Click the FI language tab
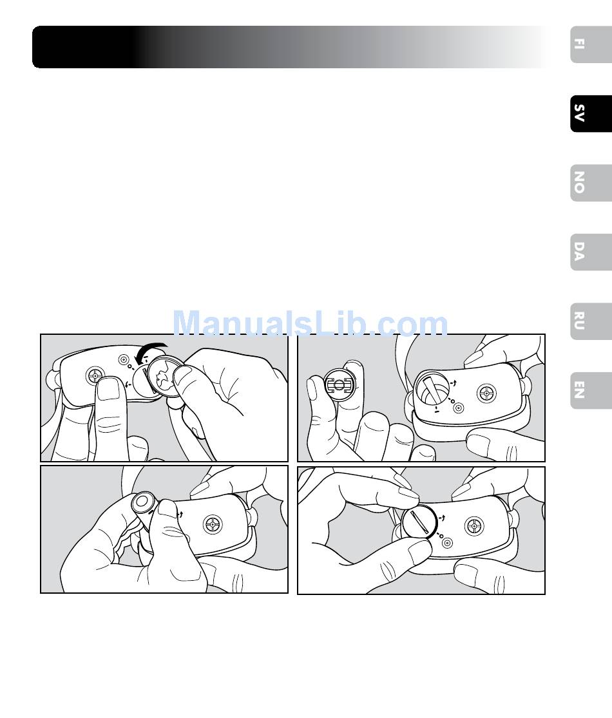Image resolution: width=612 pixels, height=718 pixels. click(591, 44)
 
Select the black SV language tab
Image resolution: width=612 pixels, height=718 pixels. click(591, 113)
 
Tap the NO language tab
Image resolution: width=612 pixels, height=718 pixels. click(591, 183)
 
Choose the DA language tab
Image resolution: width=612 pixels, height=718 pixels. click(591, 252)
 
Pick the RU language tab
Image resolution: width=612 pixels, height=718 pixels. click(591, 321)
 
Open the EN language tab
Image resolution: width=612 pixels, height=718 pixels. click(591, 390)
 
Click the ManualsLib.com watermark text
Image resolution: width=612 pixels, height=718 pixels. click(310, 323)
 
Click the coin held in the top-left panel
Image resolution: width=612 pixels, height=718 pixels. click(165, 377)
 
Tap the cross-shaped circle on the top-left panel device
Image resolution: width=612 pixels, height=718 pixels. click(95, 376)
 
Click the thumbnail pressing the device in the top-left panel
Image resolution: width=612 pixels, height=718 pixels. click(109, 388)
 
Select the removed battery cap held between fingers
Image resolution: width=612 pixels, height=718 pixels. click(339, 384)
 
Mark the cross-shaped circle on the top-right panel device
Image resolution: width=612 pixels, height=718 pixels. click(486, 393)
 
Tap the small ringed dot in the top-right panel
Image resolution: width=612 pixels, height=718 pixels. click(458, 408)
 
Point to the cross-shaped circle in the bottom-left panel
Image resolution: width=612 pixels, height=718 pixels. click(213, 524)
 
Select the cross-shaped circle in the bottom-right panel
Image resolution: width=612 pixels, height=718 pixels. click(474, 525)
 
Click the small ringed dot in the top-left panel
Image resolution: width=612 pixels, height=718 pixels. click(123, 360)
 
